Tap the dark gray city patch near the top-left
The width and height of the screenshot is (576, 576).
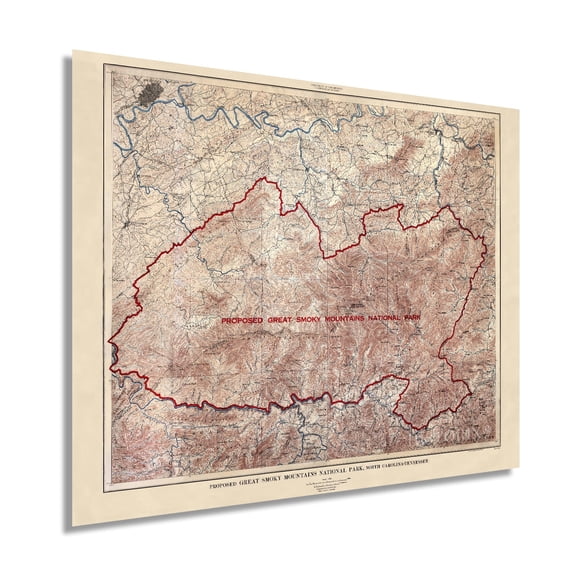pos(151,94)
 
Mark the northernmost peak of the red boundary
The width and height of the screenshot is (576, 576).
pos(262,179)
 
